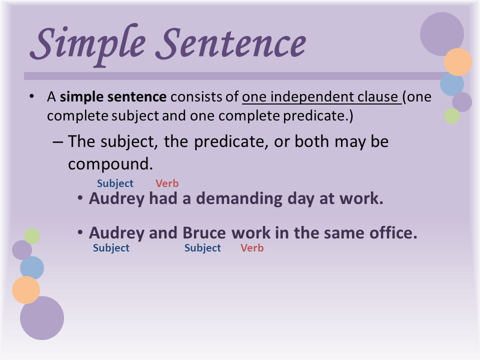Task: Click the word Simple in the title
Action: click(x=87, y=44)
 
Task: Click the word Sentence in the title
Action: click(x=231, y=43)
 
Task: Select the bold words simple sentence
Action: click(x=113, y=96)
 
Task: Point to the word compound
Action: click(x=110, y=164)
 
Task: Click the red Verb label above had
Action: click(x=167, y=183)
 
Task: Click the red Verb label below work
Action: click(x=252, y=247)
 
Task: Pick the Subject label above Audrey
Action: click(x=115, y=183)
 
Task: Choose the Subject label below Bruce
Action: click(x=202, y=248)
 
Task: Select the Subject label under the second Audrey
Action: click(x=111, y=248)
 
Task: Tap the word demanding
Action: click(x=239, y=199)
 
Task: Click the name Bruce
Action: click(x=204, y=233)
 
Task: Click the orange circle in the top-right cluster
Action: click(x=458, y=62)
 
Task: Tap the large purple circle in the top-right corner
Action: click(x=441, y=34)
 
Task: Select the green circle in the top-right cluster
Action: click(x=452, y=116)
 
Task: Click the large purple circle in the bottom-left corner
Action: click(x=42, y=318)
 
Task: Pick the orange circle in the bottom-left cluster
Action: click(x=26, y=290)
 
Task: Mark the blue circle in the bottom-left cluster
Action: click(x=32, y=268)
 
